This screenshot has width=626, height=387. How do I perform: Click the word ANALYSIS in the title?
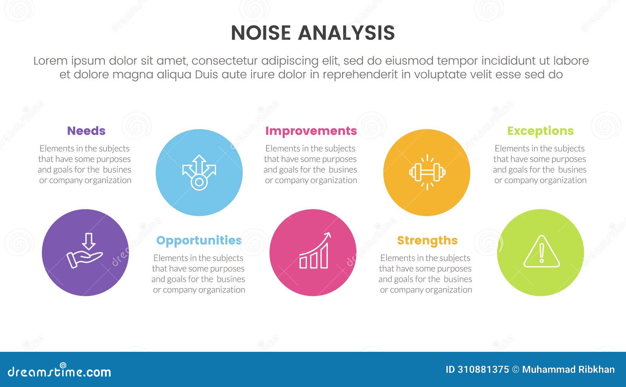(346, 33)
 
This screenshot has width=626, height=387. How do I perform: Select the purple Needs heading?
(86, 131)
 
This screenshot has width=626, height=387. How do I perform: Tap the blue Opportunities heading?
(199, 240)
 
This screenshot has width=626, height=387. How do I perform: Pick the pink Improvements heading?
(311, 131)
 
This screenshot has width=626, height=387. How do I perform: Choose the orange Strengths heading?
(427, 240)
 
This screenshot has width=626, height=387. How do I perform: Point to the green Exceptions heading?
(540, 131)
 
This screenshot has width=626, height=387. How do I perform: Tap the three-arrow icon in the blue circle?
(199, 172)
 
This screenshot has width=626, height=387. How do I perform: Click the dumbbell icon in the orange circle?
(427, 172)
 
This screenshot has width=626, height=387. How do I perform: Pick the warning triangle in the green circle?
(541, 252)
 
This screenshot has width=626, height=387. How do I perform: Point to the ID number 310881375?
(483, 369)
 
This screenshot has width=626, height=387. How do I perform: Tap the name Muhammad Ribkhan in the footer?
(568, 369)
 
